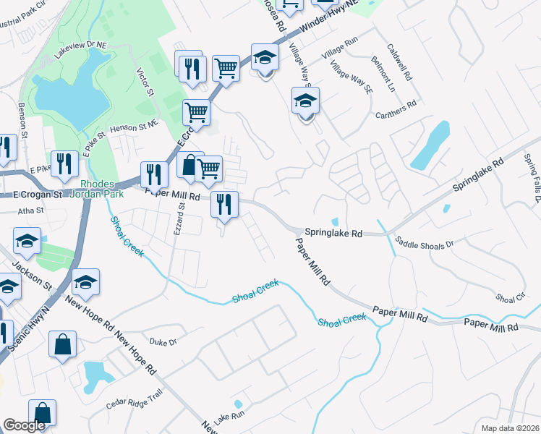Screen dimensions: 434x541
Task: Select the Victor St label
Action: (145, 82)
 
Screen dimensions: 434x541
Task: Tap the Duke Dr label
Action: (163, 341)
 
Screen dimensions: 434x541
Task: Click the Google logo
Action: (24, 426)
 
